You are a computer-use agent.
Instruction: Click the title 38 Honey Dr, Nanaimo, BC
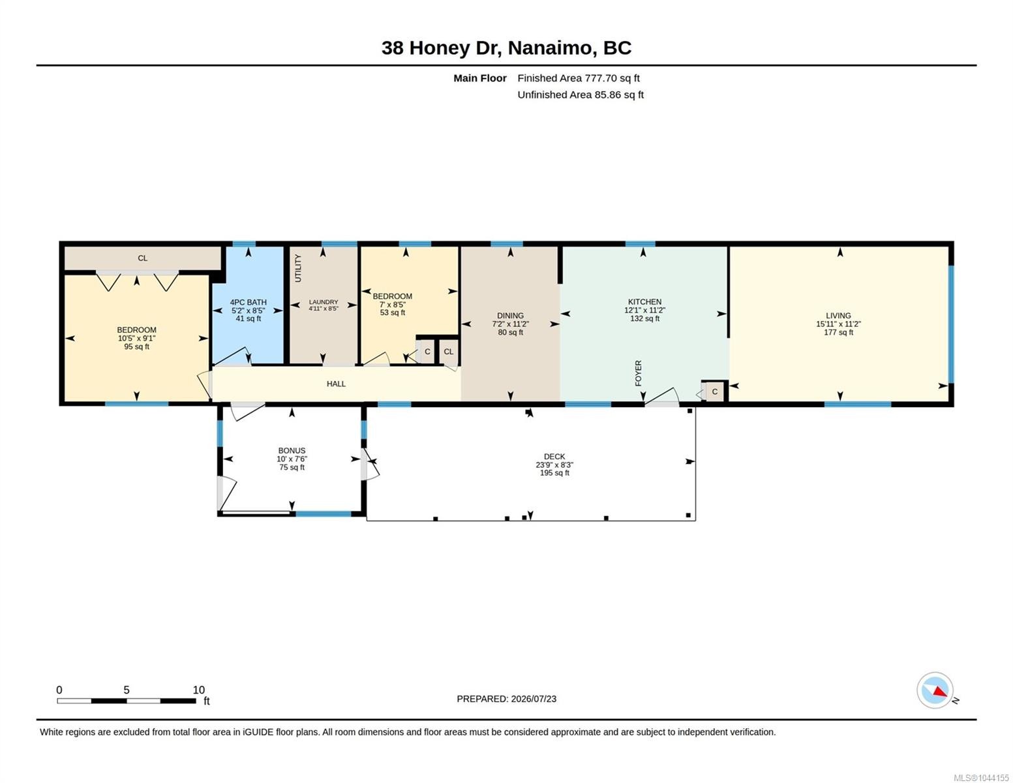coord(506,48)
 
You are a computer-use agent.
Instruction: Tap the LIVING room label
coord(838,316)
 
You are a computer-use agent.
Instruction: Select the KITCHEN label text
coord(644,301)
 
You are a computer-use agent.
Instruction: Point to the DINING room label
coord(510,316)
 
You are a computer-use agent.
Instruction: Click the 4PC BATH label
coord(248,302)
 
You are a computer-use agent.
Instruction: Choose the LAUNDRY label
coord(323,301)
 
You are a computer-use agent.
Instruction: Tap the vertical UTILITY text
coord(298,268)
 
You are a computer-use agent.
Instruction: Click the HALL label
coord(336,384)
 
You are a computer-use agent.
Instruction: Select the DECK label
coord(554,457)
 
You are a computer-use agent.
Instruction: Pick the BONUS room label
coord(292,450)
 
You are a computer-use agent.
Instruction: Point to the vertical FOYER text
coord(638,373)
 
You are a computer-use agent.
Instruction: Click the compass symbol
coord(935,690)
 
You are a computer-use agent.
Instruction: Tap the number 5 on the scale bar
coord(127,690)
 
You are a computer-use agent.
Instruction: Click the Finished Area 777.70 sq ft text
coord(579,78)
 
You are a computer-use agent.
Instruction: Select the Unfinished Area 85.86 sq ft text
coord(581,95)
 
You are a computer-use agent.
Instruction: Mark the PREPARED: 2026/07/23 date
coord(506,699)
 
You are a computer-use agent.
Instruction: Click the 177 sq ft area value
coord(838,333)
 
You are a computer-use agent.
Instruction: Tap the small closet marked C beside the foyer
coord(714,391)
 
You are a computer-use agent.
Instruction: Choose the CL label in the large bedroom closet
coord(142,258)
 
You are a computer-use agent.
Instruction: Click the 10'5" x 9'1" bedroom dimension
coord(136,338)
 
